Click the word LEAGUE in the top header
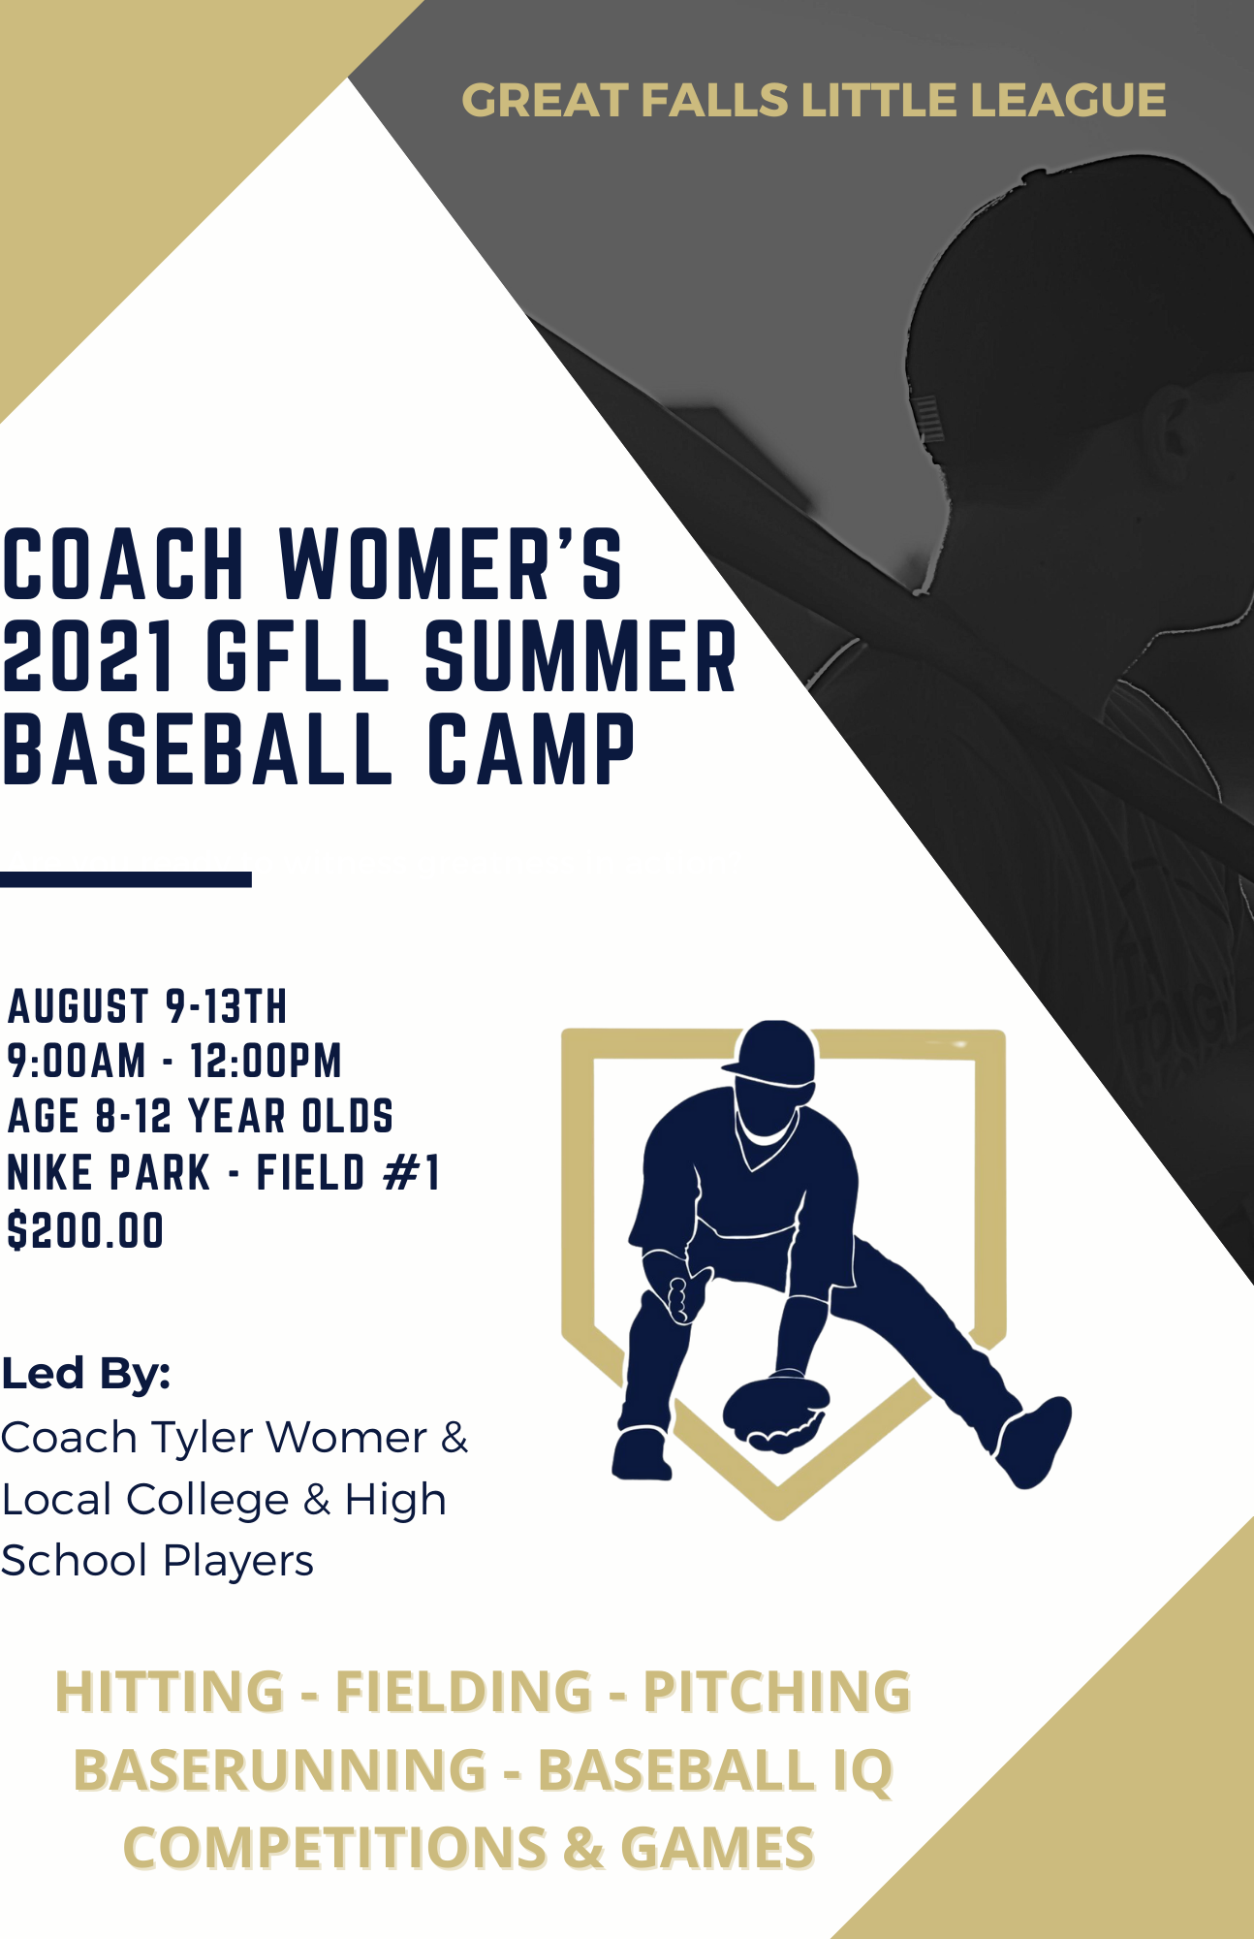[x=1068, y=101]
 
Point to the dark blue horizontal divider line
[x=126, y=879]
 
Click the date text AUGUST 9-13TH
[x=147, y=1006]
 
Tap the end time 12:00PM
[x=266, y=1061]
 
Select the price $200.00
[x=85, y=1230]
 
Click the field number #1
[x=412, y=1172]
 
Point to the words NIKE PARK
[x=109, y=1172]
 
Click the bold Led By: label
[x=85, y=1374]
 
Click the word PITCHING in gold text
[x=776, y=1693]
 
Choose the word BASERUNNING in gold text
[x=279, y=1770]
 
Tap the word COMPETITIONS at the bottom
[x=334, y=1848]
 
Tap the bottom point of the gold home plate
[x=777, y=1513]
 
